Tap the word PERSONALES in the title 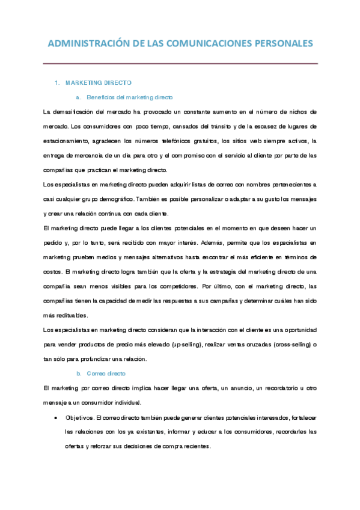point(281,43)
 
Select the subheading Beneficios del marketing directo point(129,97)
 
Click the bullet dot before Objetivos point(55,417)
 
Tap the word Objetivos point(79,417)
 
